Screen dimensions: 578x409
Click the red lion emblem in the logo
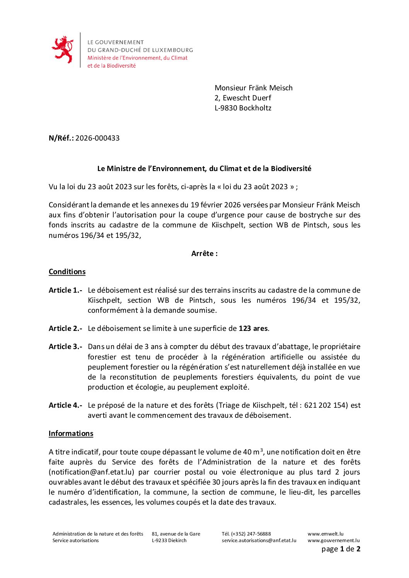tap(63, 49)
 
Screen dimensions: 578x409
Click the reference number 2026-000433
tap(97, 138)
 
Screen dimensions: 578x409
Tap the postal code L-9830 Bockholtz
tap(243, 108)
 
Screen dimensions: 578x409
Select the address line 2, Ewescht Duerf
tap(243, 98)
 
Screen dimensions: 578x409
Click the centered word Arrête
tap(204, 254)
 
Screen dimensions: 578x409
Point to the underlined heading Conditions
tap(67, 272)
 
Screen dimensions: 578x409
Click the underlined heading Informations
tap(71, 434)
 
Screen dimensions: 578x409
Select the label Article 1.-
tap(65, 290)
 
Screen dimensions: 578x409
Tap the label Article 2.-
tap(65, 329)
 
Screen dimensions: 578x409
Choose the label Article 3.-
tap(65, 347)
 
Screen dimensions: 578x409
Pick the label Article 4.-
tap(65, 405)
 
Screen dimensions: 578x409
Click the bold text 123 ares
tap(253, 329)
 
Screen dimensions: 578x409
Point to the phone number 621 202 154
tap(325, 405)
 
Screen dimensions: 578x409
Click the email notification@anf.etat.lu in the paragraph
tap(92, 472)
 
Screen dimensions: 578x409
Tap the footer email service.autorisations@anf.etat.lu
tap(259, 541)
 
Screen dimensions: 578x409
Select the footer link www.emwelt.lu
tap(325, 534)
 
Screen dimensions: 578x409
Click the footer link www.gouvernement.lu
tap(334, 541)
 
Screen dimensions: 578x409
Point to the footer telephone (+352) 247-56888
tap(246, 534)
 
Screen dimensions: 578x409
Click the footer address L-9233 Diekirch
tap(169, 541)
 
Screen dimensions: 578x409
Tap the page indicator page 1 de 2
tap(341, 549)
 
